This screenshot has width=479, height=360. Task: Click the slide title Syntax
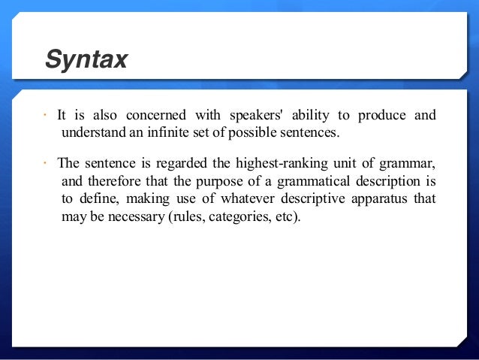click(x=86, y=59)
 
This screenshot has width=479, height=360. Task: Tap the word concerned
click(x=155, y=116)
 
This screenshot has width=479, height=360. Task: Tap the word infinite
click(x=167, y=134)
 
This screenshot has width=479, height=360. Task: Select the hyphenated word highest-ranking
click(x=276, y=163)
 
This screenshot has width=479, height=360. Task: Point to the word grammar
click(x=411, y=163)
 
